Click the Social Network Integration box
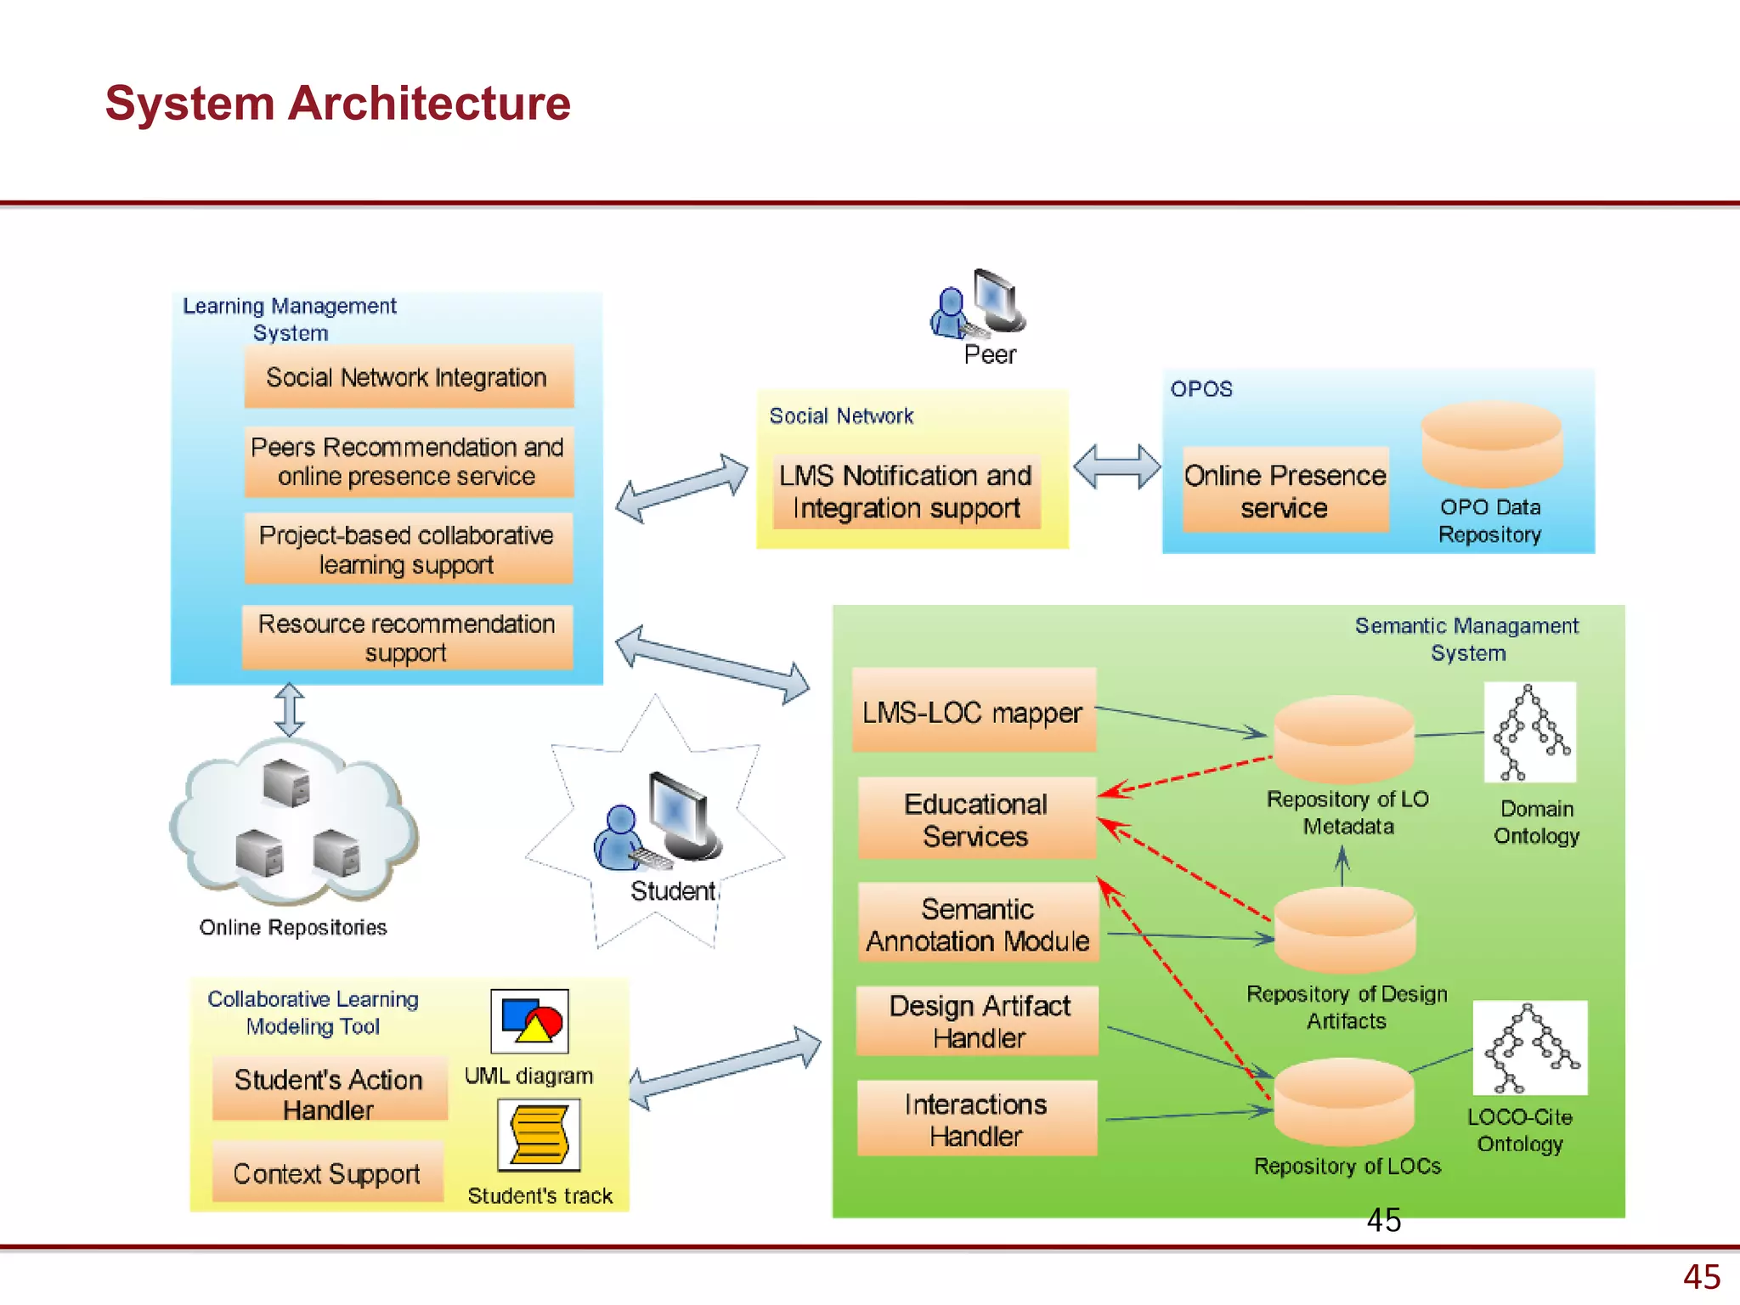tap(408, 377)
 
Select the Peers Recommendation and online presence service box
tap(408, 461)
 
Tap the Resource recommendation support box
tap(407, 637)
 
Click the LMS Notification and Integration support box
tap(906, 491)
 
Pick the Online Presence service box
tap(1285, 490)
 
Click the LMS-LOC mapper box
tap(973, 711)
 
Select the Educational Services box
tap(976, 819)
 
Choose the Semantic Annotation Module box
tap(978, 924)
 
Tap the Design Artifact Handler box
tap(978, 1021)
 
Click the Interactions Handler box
tap(976, 1119)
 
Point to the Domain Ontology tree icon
tap(1529, 732)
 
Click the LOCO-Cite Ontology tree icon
tap(1529, 1048)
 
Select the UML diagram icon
tap(529, 1021)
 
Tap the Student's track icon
tap(539, 1135)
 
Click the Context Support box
tap(327, 1173)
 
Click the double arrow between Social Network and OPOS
tap(1116, 467)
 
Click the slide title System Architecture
tap(337, 104)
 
